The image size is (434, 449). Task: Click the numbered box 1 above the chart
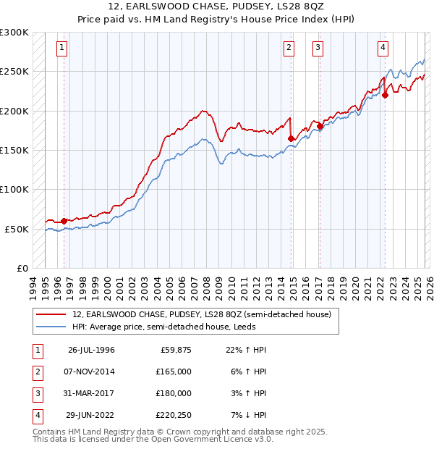click(x=62, y=49)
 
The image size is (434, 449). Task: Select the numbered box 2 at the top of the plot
click(x=289, y=49)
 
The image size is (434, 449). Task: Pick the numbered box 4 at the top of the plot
click(x=382, y=49)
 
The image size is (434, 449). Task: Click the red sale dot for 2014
click(x=292, y=138)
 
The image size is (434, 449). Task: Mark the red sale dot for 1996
click(x=64, y=221)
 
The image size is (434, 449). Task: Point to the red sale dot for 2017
click(x=320, y=127)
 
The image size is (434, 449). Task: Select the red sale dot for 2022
click(x=386, y=95)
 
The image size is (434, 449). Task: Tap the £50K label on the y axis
click(x=17, y=228)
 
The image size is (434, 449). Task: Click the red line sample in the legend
click(x=52, y=314)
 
